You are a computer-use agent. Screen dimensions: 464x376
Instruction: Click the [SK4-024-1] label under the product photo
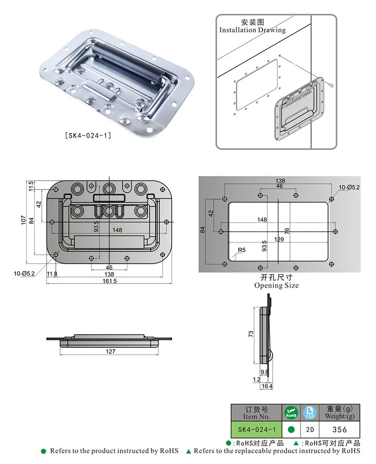tap(88, 136)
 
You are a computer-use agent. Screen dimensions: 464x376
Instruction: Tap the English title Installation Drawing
tap(252, 30)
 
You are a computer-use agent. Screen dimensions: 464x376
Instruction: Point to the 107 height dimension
tap(24, 219)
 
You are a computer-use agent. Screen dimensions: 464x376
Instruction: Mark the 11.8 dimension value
tap(52, 274)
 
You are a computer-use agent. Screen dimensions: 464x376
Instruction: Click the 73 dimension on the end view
tap(251, 334)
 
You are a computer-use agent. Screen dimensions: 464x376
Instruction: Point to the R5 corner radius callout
tap(241, 250)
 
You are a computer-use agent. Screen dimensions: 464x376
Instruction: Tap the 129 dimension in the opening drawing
tap(279, 239)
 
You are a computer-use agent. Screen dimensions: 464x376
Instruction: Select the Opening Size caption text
tap(276, 285)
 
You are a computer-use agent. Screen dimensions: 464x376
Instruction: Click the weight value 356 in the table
tap(339, 429)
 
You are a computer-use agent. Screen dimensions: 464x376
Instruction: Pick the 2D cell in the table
tap(310, 429)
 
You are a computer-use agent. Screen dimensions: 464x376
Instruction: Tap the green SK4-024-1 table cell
tap(256, 429)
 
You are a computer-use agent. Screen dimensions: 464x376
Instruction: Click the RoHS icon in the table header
tap(291, 413)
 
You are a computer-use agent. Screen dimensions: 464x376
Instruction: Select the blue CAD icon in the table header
tap(310, 413)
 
